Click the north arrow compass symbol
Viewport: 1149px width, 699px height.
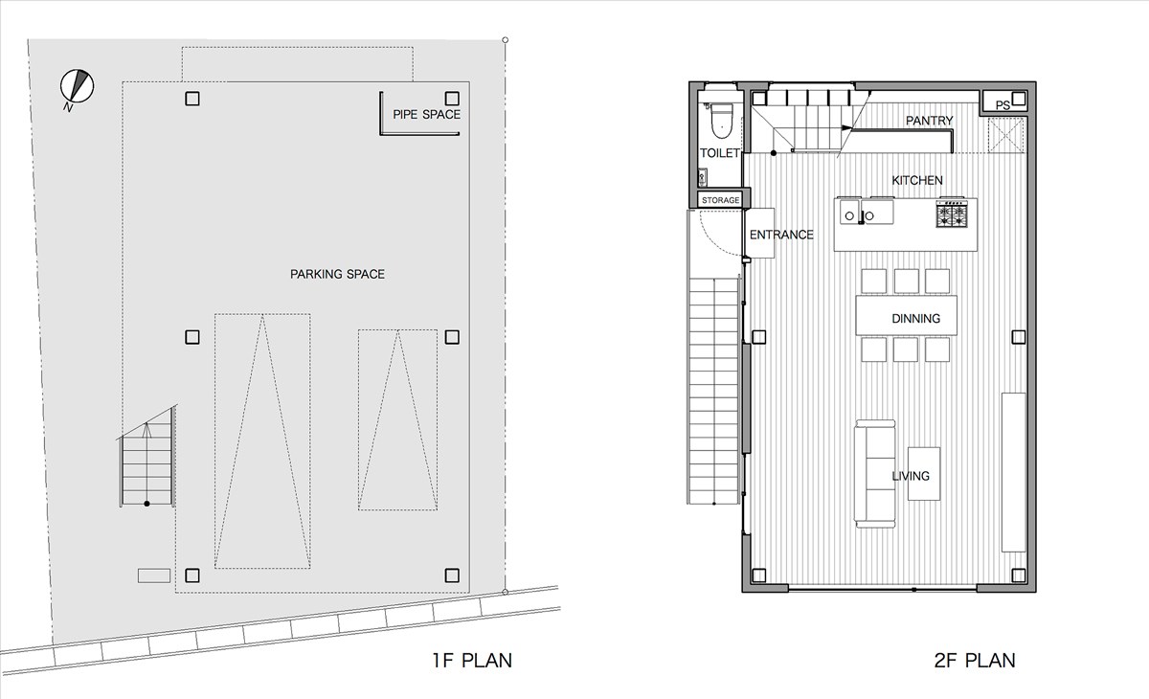coord(76,86)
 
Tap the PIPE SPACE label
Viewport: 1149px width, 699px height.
coord(426,115)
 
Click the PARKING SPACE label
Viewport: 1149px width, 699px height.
coord(337,275)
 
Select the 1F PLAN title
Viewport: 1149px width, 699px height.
coord(471,660)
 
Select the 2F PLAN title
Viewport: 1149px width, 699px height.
coord(974,660)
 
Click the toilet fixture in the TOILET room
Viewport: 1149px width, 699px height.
coord(720,120)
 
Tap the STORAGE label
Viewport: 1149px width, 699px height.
coord(720,200)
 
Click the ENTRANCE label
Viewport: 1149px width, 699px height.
coord(780,235)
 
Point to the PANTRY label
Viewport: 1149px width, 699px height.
coord(929,121)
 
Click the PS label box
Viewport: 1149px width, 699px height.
coord(1003,104)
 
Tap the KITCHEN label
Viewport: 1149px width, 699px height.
coord(917,180)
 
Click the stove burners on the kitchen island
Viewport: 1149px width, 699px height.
coord(953,214)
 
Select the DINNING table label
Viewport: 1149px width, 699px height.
coord(915,319)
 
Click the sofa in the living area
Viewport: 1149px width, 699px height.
coord(875,472)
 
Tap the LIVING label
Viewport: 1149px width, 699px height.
coord(910,476)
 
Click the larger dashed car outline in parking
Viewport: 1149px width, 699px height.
coord(262,440)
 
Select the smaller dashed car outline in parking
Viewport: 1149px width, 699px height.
coord(397,419)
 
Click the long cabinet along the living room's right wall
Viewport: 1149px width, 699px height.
coord(1012,471)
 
